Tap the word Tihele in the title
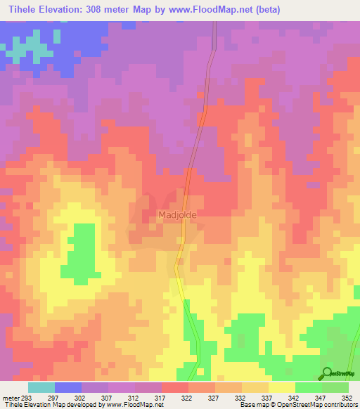(x=21, y=9)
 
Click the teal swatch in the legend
(x=41, y=387)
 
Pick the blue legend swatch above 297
(x=67, y=387)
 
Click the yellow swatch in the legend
(x=281, y=387)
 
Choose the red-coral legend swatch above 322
(x=174, y=387)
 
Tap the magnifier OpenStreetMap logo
(x=328, y=373)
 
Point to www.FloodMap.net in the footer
(x=134, y=405)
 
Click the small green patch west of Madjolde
(x=80, y=253)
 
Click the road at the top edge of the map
(x=213, y=28)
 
